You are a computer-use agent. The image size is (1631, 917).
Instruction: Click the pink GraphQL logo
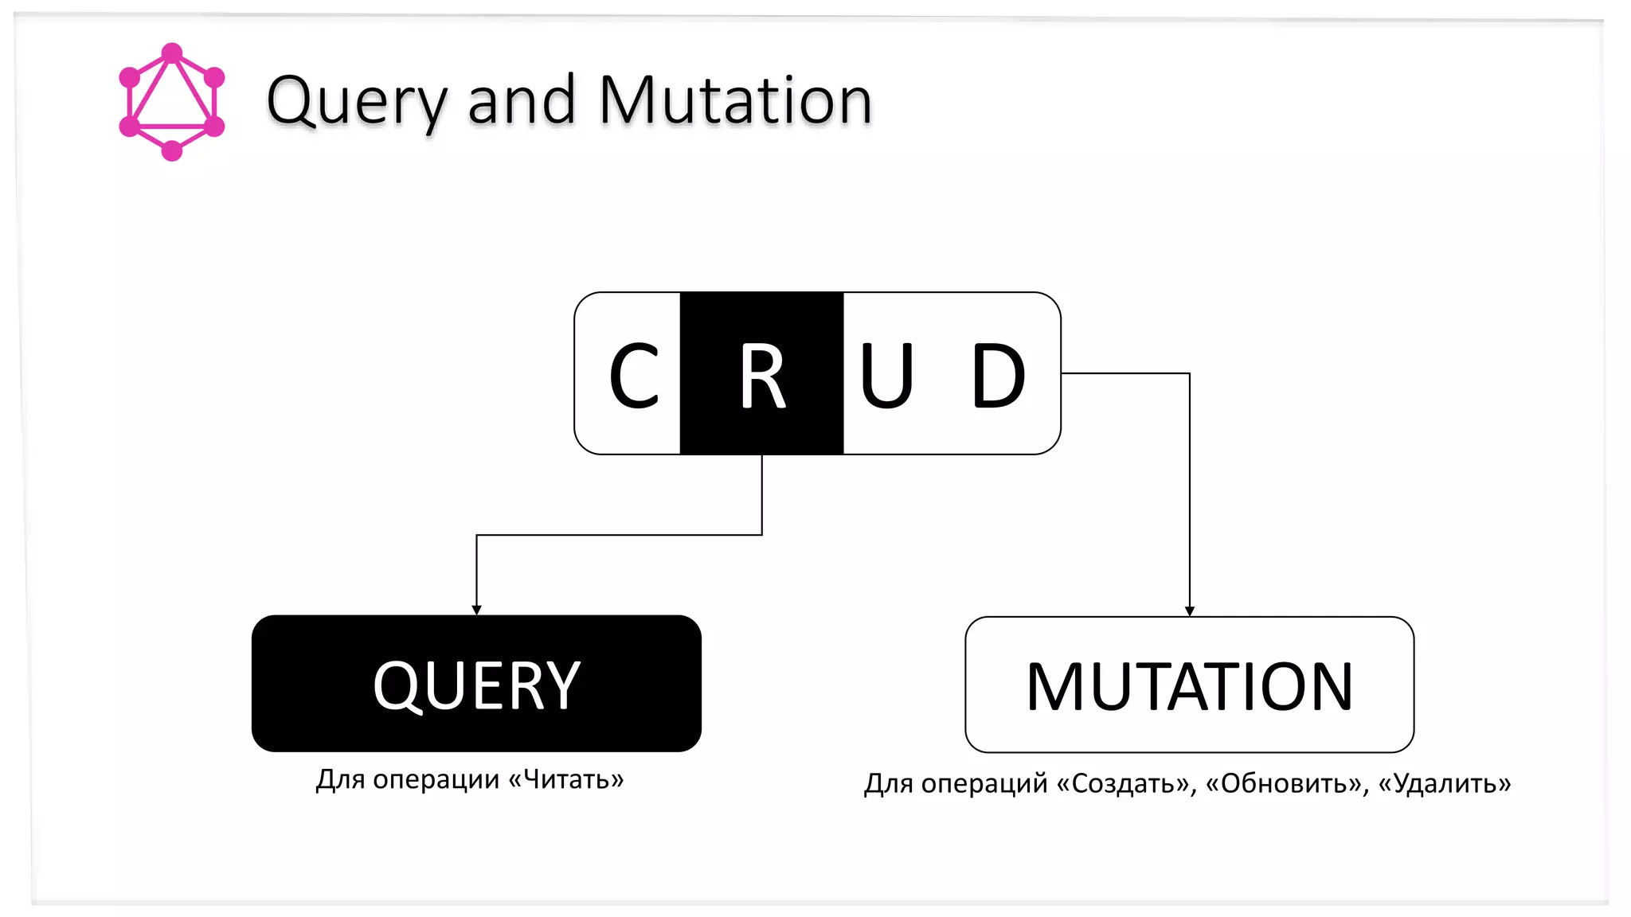(171, 102)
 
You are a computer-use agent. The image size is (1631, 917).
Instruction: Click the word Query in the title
(357, 102)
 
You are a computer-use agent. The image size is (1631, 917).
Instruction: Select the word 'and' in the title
(522, 101)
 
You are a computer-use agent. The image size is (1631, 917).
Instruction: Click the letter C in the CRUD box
(634, 375)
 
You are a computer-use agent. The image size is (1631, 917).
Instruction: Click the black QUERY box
(476, 683)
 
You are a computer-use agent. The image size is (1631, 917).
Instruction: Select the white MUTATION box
(1189, 685)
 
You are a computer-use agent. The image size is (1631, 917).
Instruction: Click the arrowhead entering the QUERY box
(476, 610)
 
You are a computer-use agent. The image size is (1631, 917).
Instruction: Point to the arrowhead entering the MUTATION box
(1190, 611)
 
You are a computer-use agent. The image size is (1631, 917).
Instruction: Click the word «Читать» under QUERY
(566, 779)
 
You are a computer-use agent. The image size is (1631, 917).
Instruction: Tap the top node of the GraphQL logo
(172, 53)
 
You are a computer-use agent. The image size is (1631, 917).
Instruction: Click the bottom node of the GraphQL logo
(172, 150)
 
